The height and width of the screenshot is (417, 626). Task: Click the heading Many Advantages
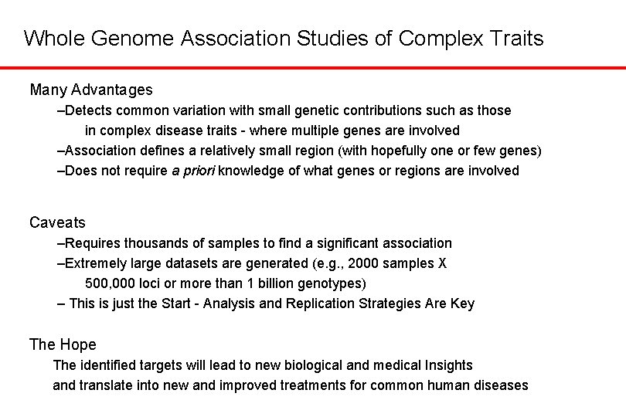[x=91, y=90]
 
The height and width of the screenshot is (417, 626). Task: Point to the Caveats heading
[x=57, y=223]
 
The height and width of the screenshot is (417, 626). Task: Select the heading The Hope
[x=63, y=344]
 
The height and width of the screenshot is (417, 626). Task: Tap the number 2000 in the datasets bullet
[x=364, y=263]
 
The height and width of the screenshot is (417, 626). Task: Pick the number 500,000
[x=111, y=283]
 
